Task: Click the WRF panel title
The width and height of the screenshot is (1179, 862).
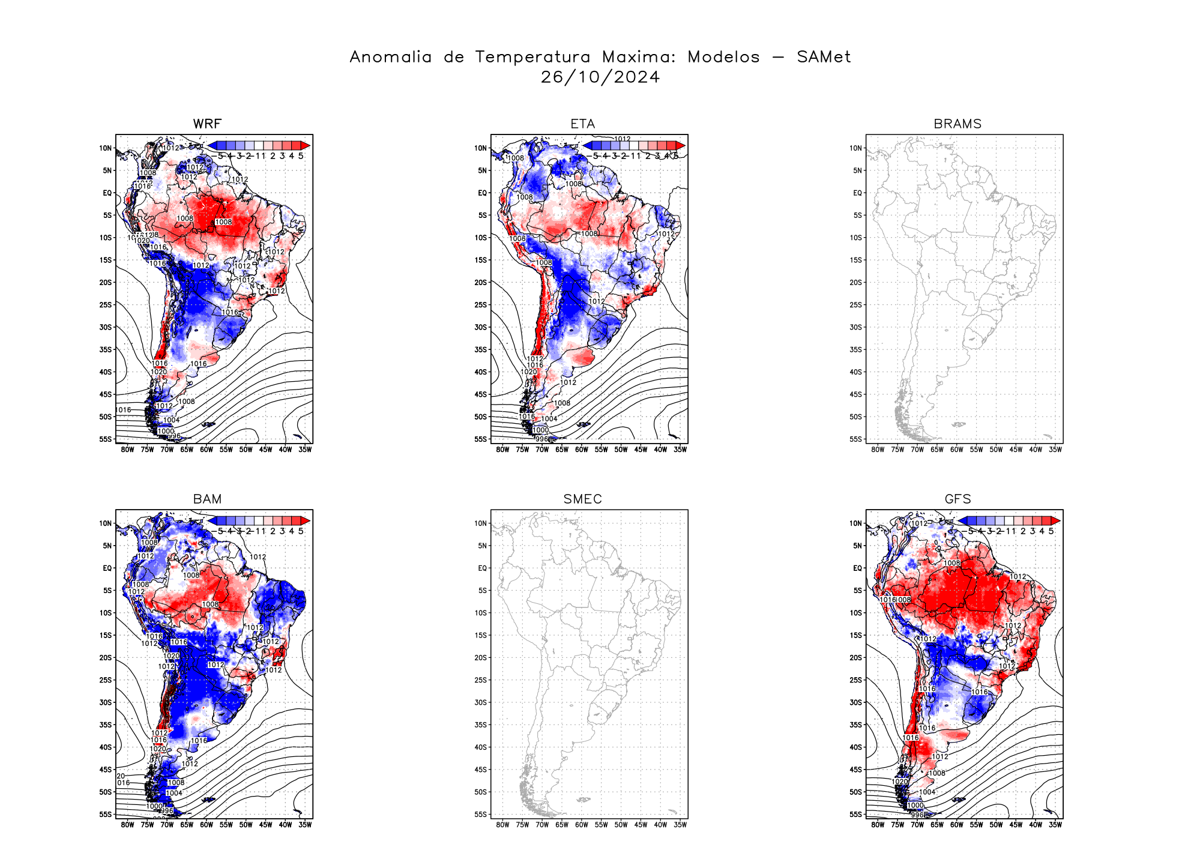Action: pyautogui.click(x=207, y=124)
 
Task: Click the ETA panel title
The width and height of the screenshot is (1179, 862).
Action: pyautogui.click(x=582, y=124)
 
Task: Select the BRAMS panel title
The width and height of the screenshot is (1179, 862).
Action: pyautogui.click(x=957, y=124)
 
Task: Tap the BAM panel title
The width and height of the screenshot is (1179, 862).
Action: pyautogui.click(x=207, y=499)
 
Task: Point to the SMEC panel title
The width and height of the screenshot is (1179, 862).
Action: pyautogui.click(x=582, y=499)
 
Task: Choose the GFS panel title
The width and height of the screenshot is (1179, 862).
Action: pyautogui.click(x=957, y=499)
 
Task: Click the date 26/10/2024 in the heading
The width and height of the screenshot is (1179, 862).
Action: pyautogui.click(x=600, y=77)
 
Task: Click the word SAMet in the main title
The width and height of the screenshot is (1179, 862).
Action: pyautogui.click(x=824, y=57)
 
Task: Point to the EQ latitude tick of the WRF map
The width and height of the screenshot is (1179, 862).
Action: pyautogui.click(x=107, y=193)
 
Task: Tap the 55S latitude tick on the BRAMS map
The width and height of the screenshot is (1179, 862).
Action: pyautogui.click(x=857, y=439)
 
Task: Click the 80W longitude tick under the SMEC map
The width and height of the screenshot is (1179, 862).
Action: pyautogui.click(x=502, y=825)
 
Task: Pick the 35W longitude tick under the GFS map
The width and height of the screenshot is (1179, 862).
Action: pyautogui.click(x=1055, y=825)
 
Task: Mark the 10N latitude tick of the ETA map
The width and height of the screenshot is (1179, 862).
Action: pyautogui.click(x=480, y=148)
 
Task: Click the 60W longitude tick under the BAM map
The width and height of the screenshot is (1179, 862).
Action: pyautogui.click(x=207, y=825)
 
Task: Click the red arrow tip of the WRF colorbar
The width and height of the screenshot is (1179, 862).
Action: pyautogui.click(x=306, y=145)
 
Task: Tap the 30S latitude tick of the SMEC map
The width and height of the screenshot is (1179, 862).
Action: pyautogui.click(x=481, y=702)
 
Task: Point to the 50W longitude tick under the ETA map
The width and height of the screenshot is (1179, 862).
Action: pyautogui.click(x=621, y=450)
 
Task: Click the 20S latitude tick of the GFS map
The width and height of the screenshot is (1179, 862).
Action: pyautogui.click(x=857, y=657)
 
